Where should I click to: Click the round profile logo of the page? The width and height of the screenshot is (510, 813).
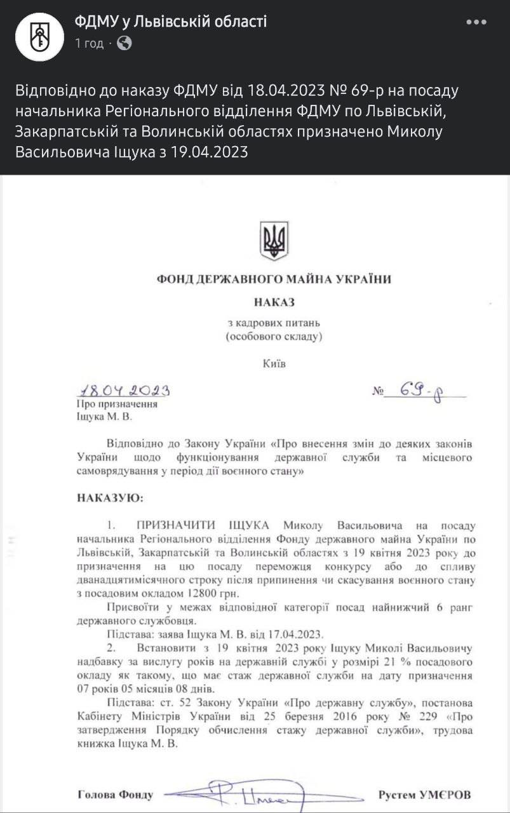pyautogui.click(x=39, y=36)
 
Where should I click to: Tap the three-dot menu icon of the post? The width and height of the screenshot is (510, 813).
pyautogui.click(x=476, y=22)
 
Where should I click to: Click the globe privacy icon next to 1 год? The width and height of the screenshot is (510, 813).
pyautogui.click(x=125, y=43)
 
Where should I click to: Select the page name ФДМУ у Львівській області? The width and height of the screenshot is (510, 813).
pyautogui.click(x=170, y=22)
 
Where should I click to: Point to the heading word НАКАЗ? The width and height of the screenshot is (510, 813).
pyautogui.click(x=274, y=302)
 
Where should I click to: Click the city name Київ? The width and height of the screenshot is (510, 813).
pyautogui.click(x=274, y=365)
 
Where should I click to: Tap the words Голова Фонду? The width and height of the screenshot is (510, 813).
pyautogui.click(x=115, y=795)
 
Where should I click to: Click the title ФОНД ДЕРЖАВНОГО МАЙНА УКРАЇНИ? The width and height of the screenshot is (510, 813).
pyautogui.click(x=274, y=279)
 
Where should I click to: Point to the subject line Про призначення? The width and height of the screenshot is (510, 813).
pyautogui.click(x=116, y=404)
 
